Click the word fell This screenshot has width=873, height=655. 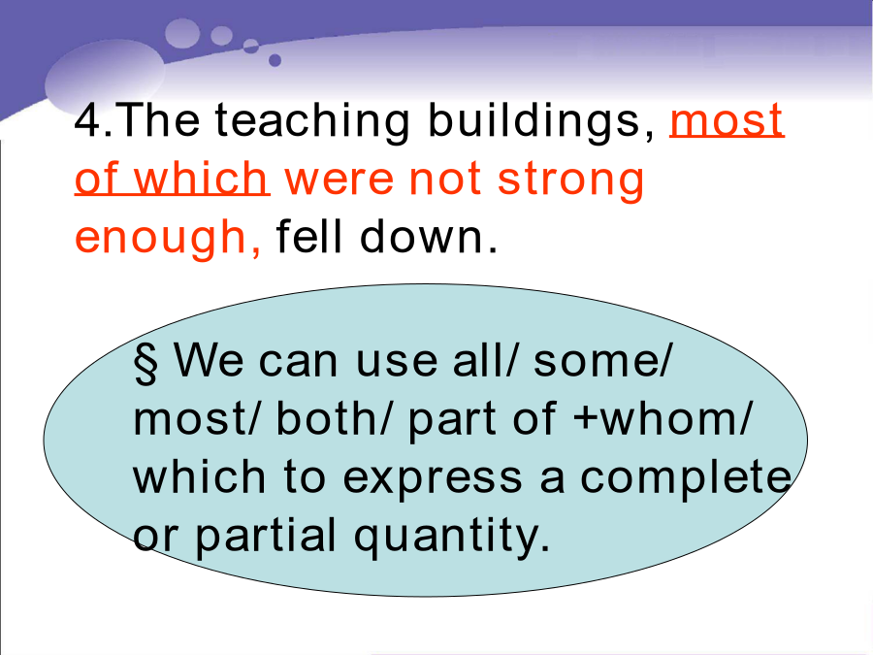click(308, 236)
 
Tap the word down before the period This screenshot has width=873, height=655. click(422, 236)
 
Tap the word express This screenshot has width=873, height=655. click(432, 478)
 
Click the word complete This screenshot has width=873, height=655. click(686, 477)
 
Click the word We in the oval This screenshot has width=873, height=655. click(209, 360)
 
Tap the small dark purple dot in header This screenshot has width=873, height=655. click(275, 60)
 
